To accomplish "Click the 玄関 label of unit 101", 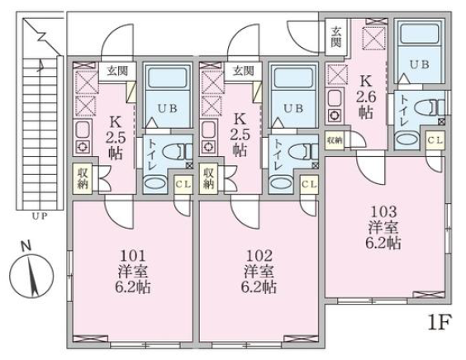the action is pos(117,71).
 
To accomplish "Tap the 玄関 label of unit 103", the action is pos(336,37).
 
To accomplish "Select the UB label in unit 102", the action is pos(293,108).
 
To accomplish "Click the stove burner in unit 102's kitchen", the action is pos(208,146).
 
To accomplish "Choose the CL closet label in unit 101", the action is pos(183,184).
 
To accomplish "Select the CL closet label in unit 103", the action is pos(435,140).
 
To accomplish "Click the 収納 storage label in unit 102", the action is pos(208,178).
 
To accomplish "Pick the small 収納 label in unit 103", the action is pos(335,140).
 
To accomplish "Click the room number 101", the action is pos(132,255).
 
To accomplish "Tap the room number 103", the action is pos(383,211).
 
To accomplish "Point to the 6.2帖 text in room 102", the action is pos(259,287).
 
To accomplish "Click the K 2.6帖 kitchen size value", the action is pos(366,97).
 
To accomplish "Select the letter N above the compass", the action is pos(26,246).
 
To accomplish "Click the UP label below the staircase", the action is pos(40,216).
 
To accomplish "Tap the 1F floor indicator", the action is pos(440,322).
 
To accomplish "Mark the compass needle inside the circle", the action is pos(33,277).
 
